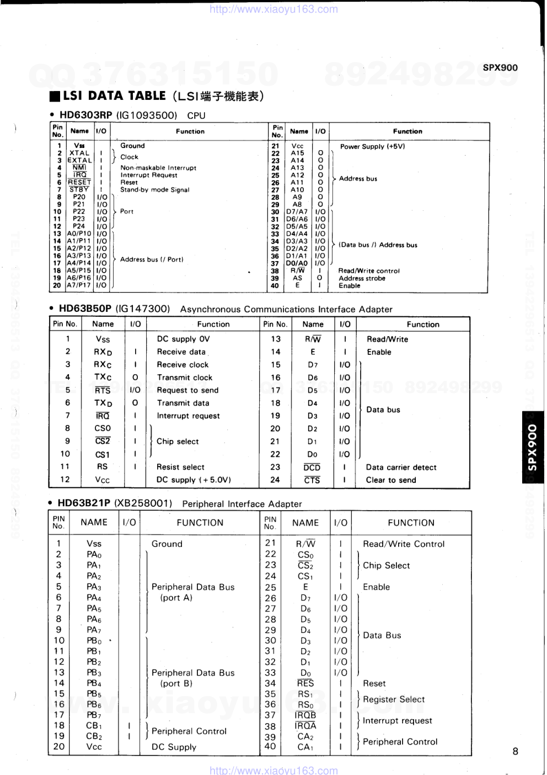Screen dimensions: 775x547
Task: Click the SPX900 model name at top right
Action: coord(500,68)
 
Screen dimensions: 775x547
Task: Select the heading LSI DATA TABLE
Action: coord(114,96)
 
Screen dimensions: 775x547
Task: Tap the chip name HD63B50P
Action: coord(85,309)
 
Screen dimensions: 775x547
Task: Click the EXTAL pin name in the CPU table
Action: coord(79,160)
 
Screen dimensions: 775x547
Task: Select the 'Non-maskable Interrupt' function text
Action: coord(158,168)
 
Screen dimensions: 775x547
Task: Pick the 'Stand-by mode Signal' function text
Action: coord(154,190)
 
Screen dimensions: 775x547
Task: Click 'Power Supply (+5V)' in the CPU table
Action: coord(372,147)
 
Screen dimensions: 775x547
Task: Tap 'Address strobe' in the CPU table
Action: coord(362,278)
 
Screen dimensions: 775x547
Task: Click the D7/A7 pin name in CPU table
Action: coord(297,212)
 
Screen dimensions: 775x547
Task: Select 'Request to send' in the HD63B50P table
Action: coord(187,390)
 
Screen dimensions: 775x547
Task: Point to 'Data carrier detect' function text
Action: coord(401,468)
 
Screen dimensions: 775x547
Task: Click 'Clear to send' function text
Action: coord(391,480)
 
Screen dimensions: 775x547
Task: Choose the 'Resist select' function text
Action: coord(180,467)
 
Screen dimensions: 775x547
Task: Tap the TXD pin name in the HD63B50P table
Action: coord(103,403)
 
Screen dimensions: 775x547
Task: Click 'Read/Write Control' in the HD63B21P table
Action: coord(404,544)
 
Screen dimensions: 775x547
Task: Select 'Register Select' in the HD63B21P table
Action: coord(394,699)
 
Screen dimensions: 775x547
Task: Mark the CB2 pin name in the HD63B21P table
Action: coord(94,736)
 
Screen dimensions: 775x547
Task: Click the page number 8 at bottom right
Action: coord(515,751)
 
